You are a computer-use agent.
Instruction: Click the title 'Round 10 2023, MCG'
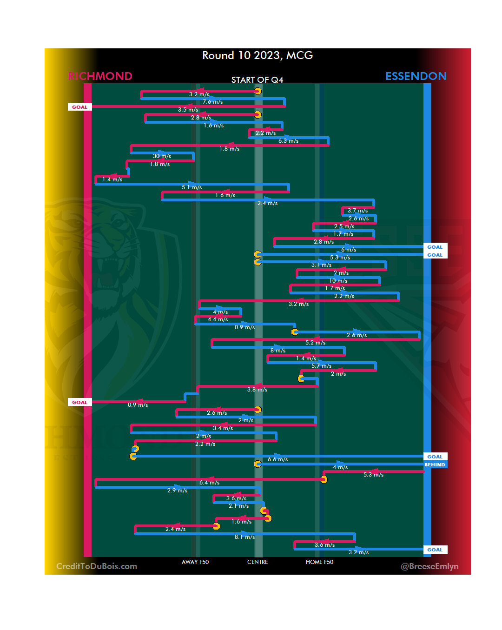pos(258,55)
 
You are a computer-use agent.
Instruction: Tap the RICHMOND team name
pos(100,76)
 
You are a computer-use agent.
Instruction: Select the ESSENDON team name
pos(416,76)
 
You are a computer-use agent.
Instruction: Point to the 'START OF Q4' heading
pos(257,80)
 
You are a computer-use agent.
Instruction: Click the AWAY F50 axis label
pos(195,562)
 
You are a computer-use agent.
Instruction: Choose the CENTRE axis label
pos(258,562)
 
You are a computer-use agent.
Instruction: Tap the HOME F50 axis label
pos(319,562)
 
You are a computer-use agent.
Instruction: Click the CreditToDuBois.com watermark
pos(97,566)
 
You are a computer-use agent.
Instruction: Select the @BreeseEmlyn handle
pos(429,566)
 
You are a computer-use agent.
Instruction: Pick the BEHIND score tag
pos(435,464)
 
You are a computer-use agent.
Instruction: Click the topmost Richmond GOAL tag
pos(79,107)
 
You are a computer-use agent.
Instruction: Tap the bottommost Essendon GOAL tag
pos(435,550)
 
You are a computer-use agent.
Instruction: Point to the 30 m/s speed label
pos(162,156)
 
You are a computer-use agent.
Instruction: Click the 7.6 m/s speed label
pos(212,102)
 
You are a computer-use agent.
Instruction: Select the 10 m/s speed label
pos(338,281)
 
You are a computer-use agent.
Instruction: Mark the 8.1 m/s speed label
pos(244,537)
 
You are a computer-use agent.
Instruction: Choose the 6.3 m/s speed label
pos(288,141)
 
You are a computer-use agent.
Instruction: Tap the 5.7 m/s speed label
pos(321,366)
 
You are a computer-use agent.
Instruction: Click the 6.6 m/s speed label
pos(277,459)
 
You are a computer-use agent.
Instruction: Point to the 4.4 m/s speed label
pos(218,319)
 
